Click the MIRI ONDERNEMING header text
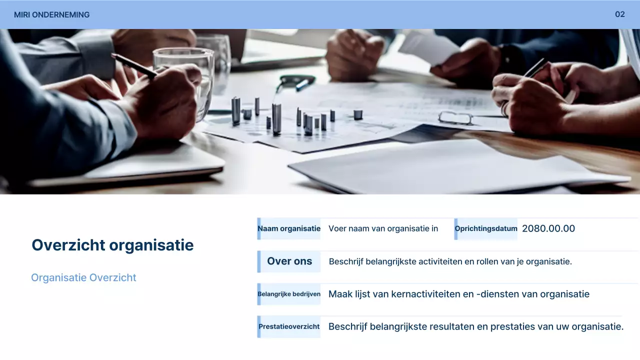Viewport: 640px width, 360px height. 51,15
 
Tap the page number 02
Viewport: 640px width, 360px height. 620,14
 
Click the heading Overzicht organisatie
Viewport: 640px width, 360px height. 112,245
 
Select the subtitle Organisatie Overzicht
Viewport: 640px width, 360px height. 83,278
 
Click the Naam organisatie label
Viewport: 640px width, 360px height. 289,229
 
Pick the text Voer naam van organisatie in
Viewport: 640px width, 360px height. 383,229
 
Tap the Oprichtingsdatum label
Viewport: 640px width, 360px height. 486,229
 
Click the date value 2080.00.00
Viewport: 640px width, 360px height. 548,229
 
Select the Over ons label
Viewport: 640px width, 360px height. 289,261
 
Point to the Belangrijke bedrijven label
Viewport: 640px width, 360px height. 289,294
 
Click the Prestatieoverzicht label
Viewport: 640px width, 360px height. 289,327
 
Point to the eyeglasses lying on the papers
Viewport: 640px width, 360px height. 455,118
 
